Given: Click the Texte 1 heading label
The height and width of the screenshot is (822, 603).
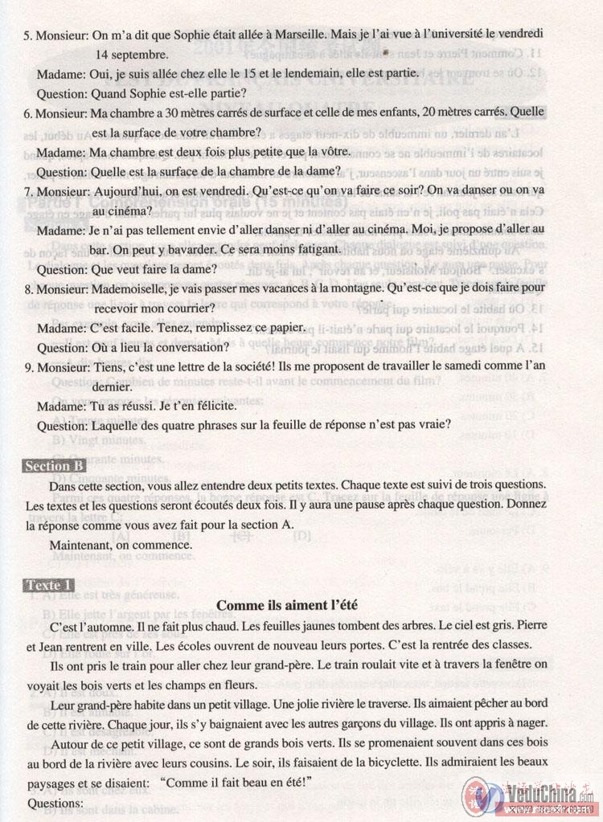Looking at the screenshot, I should tap(49, 584).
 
